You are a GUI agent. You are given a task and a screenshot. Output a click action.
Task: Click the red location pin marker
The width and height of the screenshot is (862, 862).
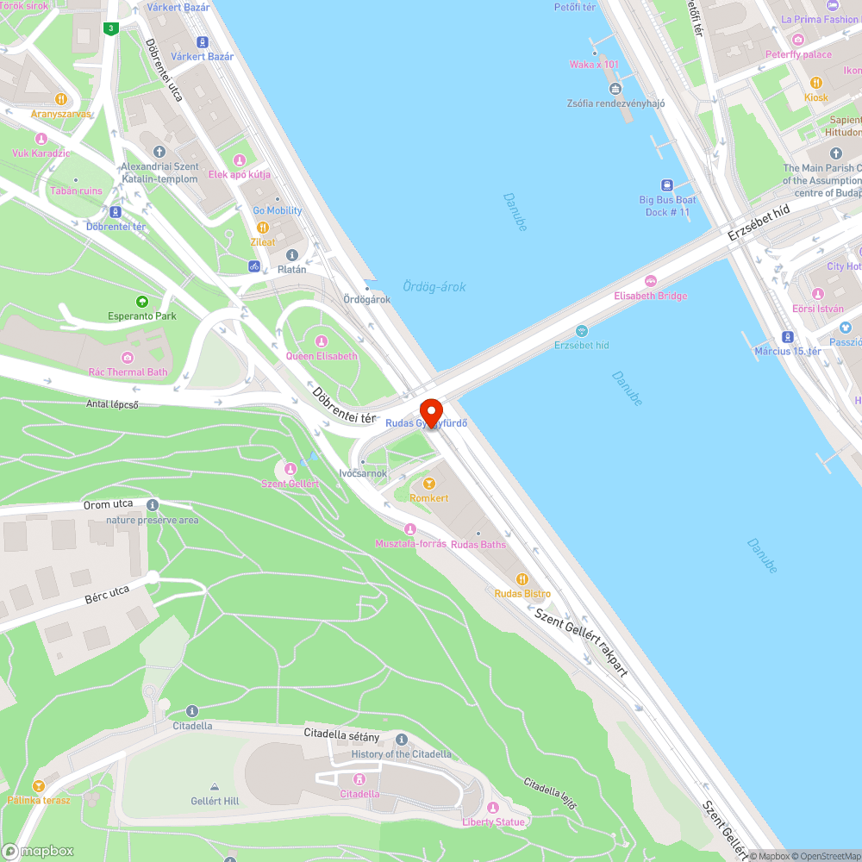coord(431,410)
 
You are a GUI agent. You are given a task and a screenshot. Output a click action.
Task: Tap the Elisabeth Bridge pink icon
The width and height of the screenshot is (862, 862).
coord(651,281)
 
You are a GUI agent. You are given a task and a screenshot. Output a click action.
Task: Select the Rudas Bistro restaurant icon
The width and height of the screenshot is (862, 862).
coord(522,579)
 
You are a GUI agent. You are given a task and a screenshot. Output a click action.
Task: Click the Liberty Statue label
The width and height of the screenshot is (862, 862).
coord(494,821)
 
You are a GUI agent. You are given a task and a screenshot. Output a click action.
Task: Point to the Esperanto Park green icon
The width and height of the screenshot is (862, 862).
coord(141,301)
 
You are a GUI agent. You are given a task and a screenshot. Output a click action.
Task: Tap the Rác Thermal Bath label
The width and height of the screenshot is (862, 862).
coord(128,372)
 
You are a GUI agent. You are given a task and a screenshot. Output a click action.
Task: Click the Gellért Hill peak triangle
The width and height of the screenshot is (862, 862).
coord(215,787)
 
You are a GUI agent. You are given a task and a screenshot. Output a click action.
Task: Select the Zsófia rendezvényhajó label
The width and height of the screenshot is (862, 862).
coord(615,103)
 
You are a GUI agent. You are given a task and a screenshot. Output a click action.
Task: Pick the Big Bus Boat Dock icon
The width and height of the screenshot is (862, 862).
coord(667,185)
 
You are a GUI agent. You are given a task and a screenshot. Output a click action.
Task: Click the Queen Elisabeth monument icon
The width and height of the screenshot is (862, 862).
coord(322,341)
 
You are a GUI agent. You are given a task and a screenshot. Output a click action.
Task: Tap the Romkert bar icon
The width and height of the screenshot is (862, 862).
coord(428,484)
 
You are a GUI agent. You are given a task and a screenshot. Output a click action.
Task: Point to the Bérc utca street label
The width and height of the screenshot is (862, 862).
coord(107,595)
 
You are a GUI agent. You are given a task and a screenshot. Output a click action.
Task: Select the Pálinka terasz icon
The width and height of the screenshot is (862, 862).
coord(38,786)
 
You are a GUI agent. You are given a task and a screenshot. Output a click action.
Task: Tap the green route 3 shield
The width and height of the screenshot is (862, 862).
coord(109,28)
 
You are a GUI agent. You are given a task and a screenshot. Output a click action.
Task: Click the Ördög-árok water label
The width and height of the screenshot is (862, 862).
coord(434,286)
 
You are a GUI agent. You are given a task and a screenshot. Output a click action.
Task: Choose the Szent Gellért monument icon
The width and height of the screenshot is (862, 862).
coord(290,469)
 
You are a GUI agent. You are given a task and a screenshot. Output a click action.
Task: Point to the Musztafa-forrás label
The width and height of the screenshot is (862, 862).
coord(410,544)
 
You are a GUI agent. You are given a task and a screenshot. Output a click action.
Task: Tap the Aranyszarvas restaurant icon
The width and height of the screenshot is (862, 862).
coord(60,99)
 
